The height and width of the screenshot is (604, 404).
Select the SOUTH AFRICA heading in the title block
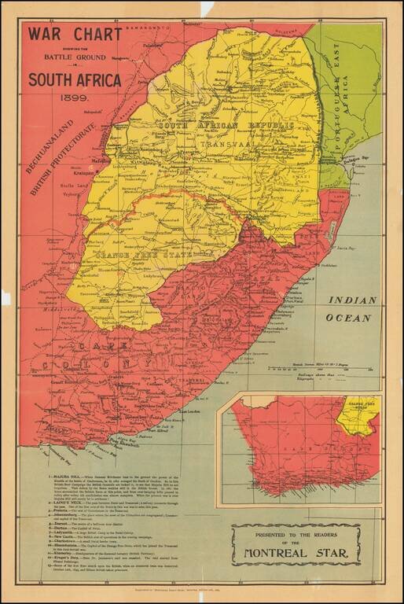[x=75, y=80]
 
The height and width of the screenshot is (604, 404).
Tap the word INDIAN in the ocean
[x=352, y=300]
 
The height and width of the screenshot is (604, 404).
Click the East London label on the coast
[x=192, y=411]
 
